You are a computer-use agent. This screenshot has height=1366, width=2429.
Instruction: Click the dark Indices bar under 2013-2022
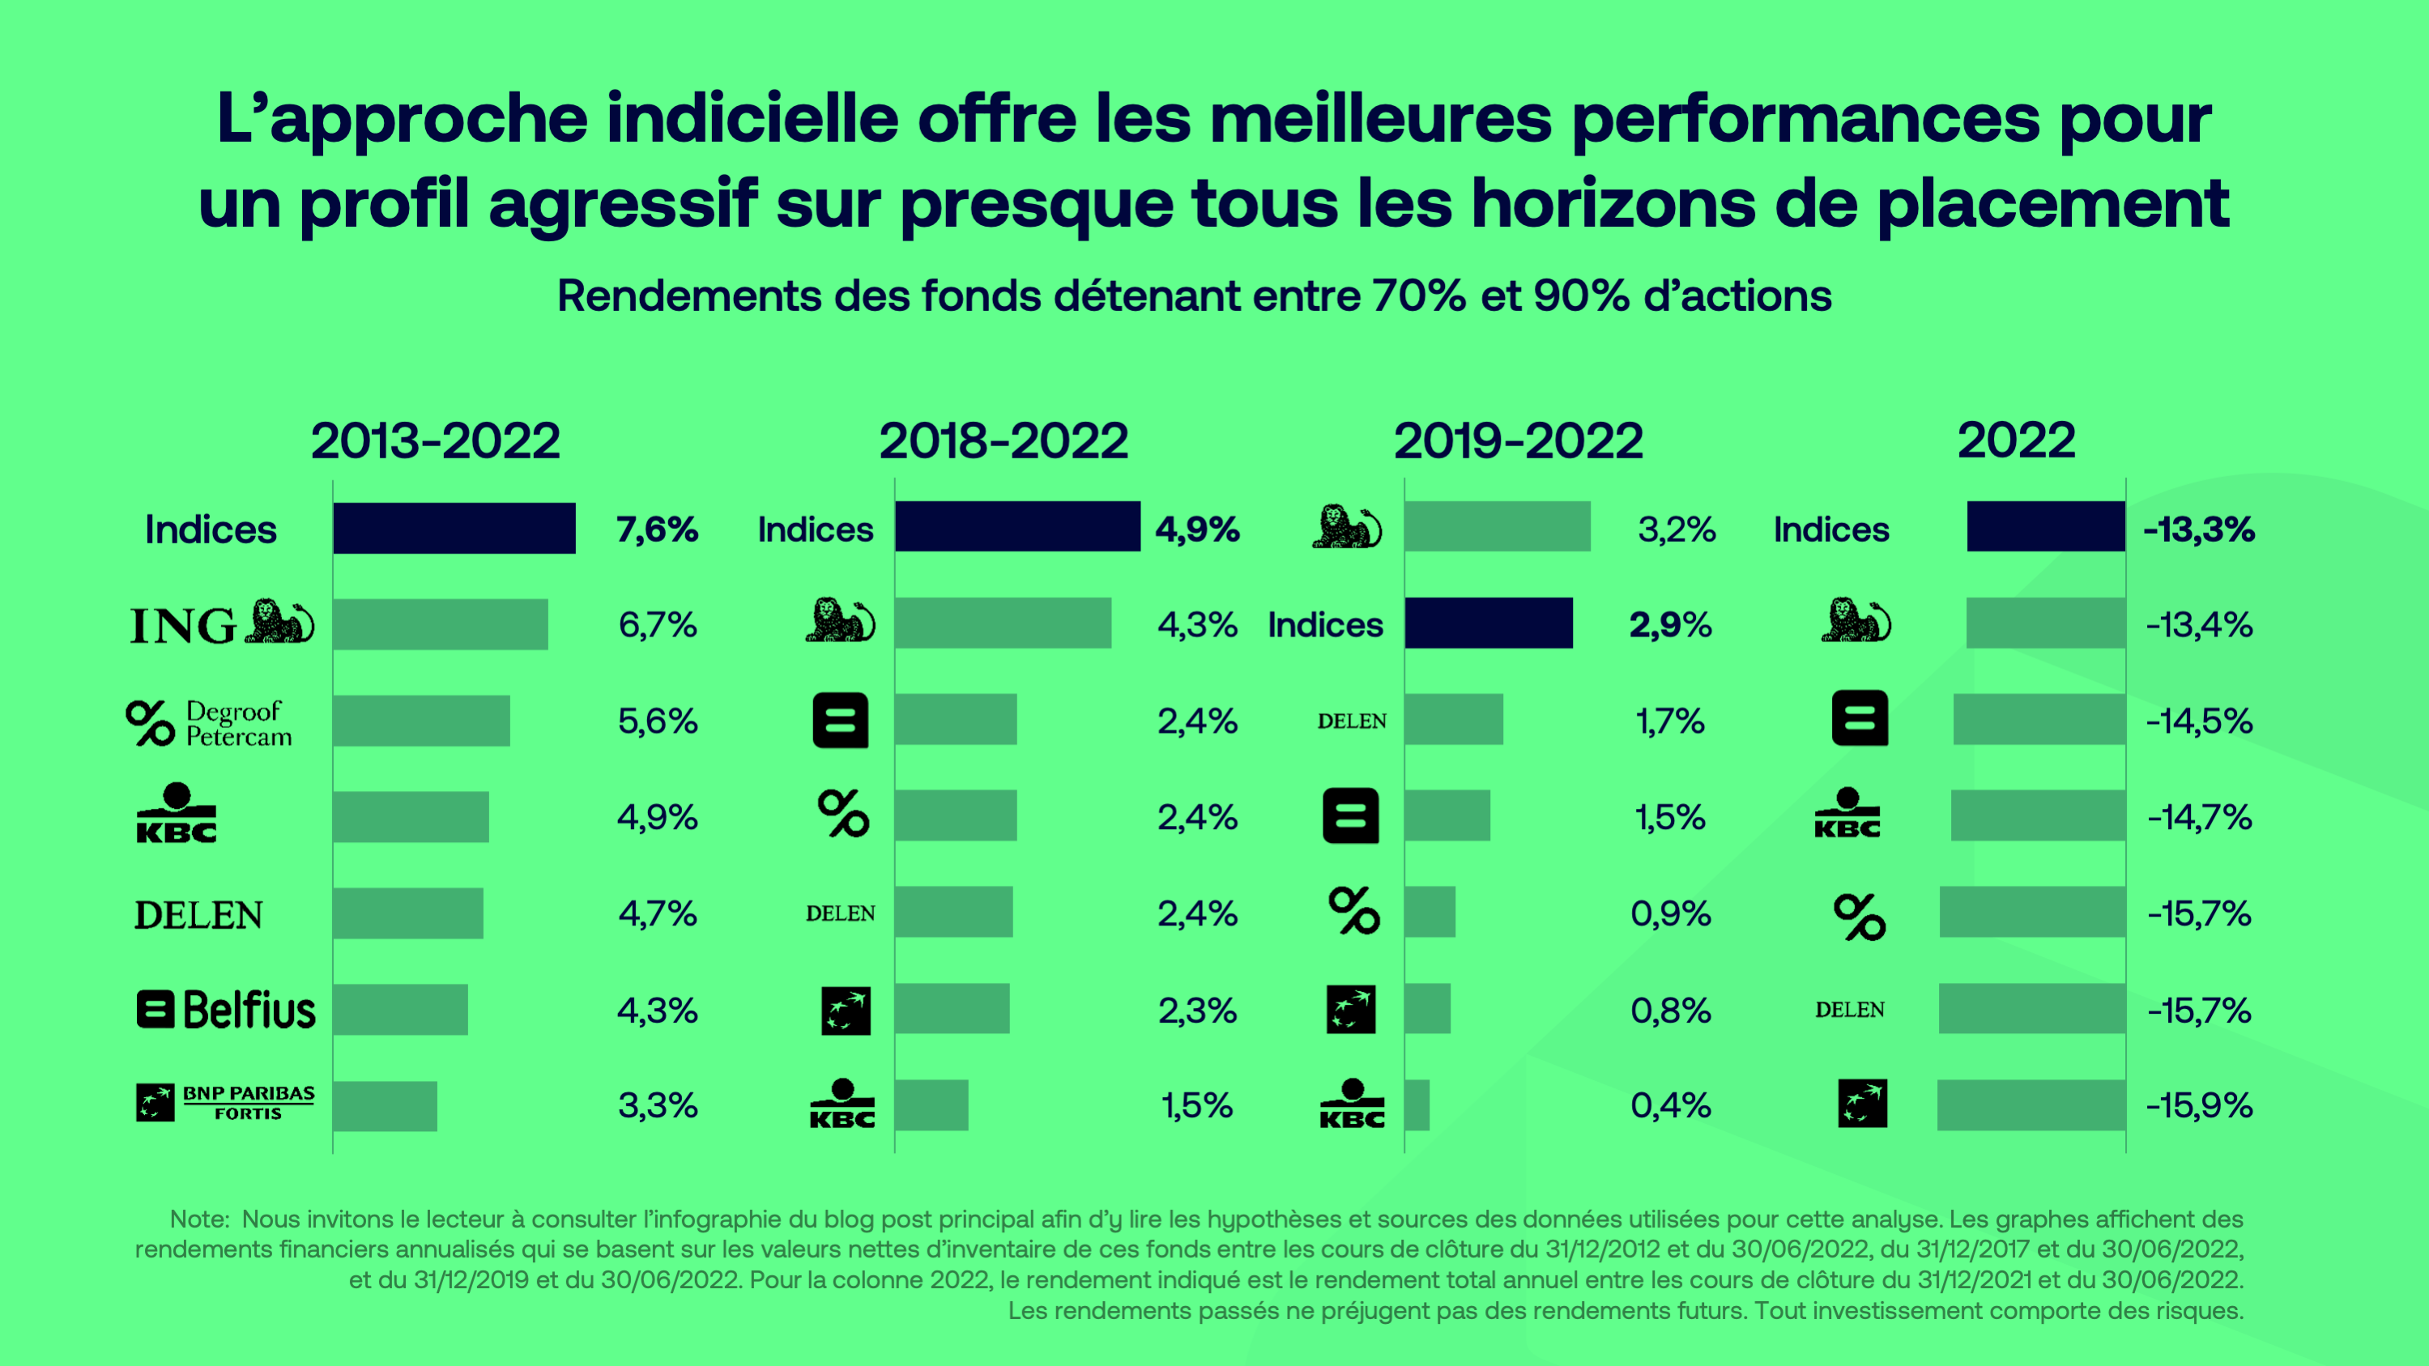tap(454, 528)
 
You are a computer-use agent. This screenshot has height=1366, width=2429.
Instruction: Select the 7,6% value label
tap(657, 530)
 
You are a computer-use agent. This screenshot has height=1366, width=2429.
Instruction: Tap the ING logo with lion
tap(223, 623)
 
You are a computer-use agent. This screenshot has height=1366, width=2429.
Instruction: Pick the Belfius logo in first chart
tap(225, 1010)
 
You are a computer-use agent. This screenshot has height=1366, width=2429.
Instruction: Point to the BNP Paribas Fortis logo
tap(225, 1103)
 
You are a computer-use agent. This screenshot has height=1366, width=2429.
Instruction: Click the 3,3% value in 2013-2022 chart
tap(657, 1105)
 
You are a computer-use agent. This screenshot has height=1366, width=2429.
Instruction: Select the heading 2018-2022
tap(1004, 441)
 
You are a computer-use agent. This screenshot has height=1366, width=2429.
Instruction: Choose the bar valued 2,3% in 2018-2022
tap(952, 1009)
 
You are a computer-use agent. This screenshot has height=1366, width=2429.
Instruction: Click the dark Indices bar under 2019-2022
tap(1488, 623)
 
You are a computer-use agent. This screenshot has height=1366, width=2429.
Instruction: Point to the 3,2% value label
tap(1677, 530)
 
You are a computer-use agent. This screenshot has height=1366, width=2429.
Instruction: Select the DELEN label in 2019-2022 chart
tap(1351, 721)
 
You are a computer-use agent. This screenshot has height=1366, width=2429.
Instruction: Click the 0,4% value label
tap(1670, 1105)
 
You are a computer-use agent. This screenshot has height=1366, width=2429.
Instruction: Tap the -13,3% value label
tap(2199, 530)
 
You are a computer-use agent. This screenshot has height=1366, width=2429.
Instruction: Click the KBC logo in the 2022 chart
tap(1847, 814)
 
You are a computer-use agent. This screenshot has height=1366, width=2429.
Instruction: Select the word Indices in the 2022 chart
tap(1830, 530)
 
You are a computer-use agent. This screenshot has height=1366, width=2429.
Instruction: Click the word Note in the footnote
tap(198, 1219)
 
